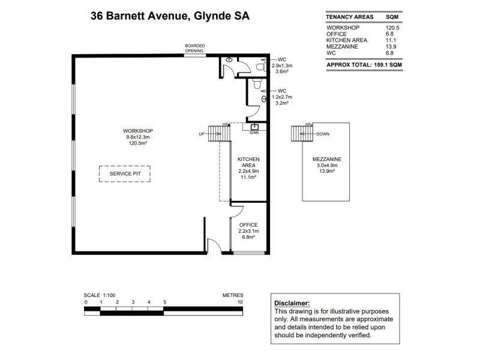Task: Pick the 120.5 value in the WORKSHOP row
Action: (x=393, y=28)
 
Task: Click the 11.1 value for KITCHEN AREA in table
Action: (x=391, y=40)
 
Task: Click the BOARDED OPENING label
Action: (x=194, y=48)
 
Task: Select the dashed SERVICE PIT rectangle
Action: (x=124, y=174)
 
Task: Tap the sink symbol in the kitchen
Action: (x=254, y=127)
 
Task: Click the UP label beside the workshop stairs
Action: (x=202, y=134)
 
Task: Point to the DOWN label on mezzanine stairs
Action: (x=323, y=134)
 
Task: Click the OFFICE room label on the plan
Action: (x=248, y=225)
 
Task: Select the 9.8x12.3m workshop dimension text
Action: (x=138, y=137)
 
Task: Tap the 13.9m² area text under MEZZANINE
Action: (x=326, y=171)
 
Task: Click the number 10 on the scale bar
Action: (x=240, y=302)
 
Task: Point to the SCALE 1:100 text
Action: (x=100, y=295)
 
